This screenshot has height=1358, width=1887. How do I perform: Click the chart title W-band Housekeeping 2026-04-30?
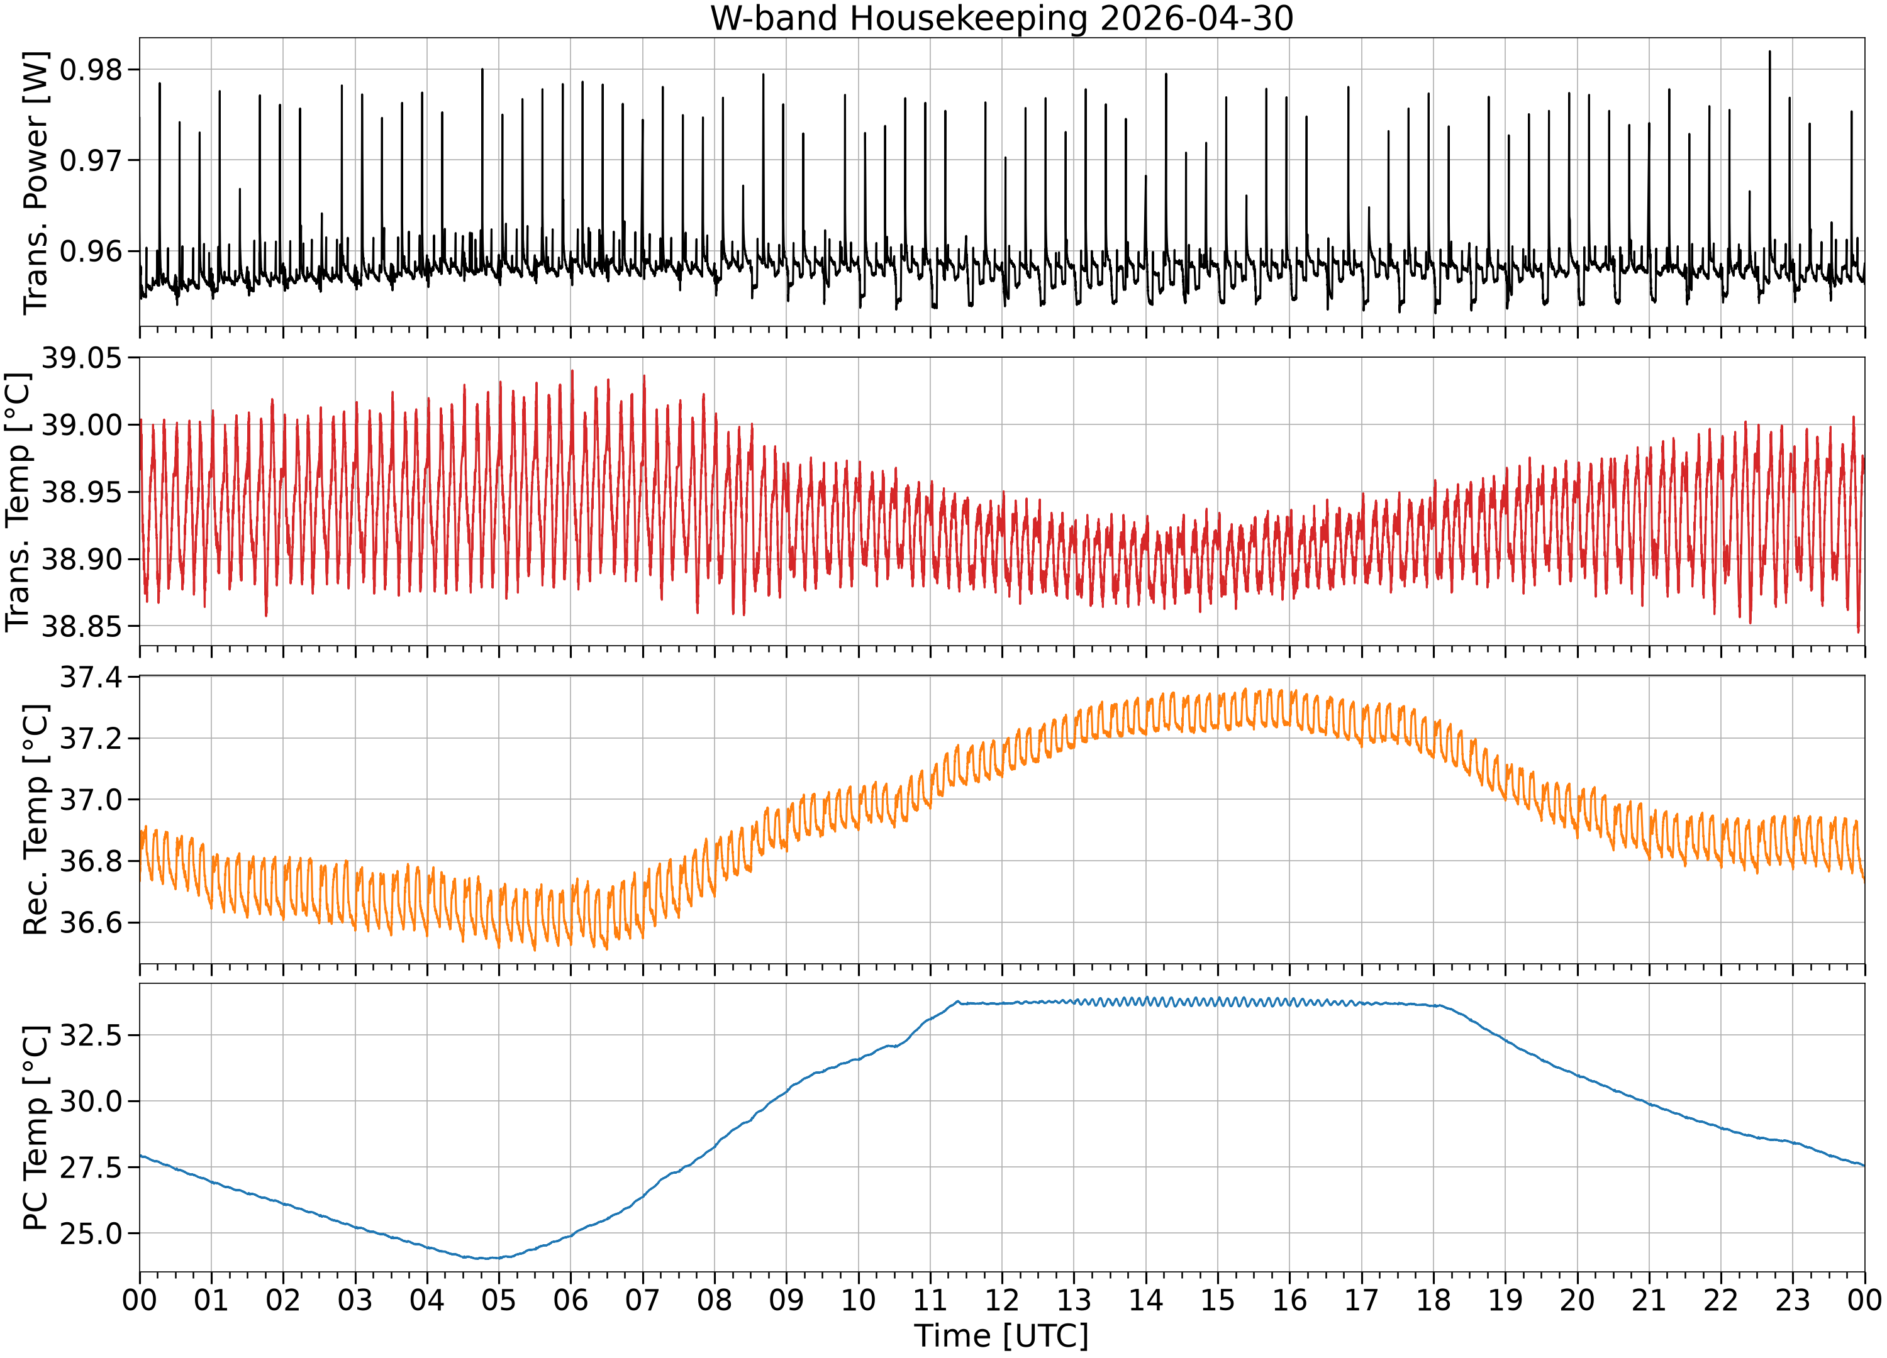coord(1002,18)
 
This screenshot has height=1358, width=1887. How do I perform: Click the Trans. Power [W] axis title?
coord(35,183)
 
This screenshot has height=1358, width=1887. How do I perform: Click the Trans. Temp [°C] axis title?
coord(18,502)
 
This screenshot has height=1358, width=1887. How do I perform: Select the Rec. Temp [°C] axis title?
coord(35,820)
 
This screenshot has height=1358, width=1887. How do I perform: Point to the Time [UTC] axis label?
coord(1002,1335)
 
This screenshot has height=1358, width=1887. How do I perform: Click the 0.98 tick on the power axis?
coord(92,70)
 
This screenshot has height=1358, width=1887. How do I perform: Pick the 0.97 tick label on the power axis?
coord(92,160)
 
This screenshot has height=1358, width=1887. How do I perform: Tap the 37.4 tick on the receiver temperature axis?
coord(92,678)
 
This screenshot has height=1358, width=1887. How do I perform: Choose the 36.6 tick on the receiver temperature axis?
coord(92,922)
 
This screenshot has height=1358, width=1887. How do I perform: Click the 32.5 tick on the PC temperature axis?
coord(92,1035)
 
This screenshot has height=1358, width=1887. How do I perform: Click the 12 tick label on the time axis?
coord(1002,1300)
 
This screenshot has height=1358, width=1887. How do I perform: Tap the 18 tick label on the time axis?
coord(1433,1300)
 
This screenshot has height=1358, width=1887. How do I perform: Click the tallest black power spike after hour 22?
coord(1769,52)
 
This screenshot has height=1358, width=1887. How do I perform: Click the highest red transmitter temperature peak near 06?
coord(572,371)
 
